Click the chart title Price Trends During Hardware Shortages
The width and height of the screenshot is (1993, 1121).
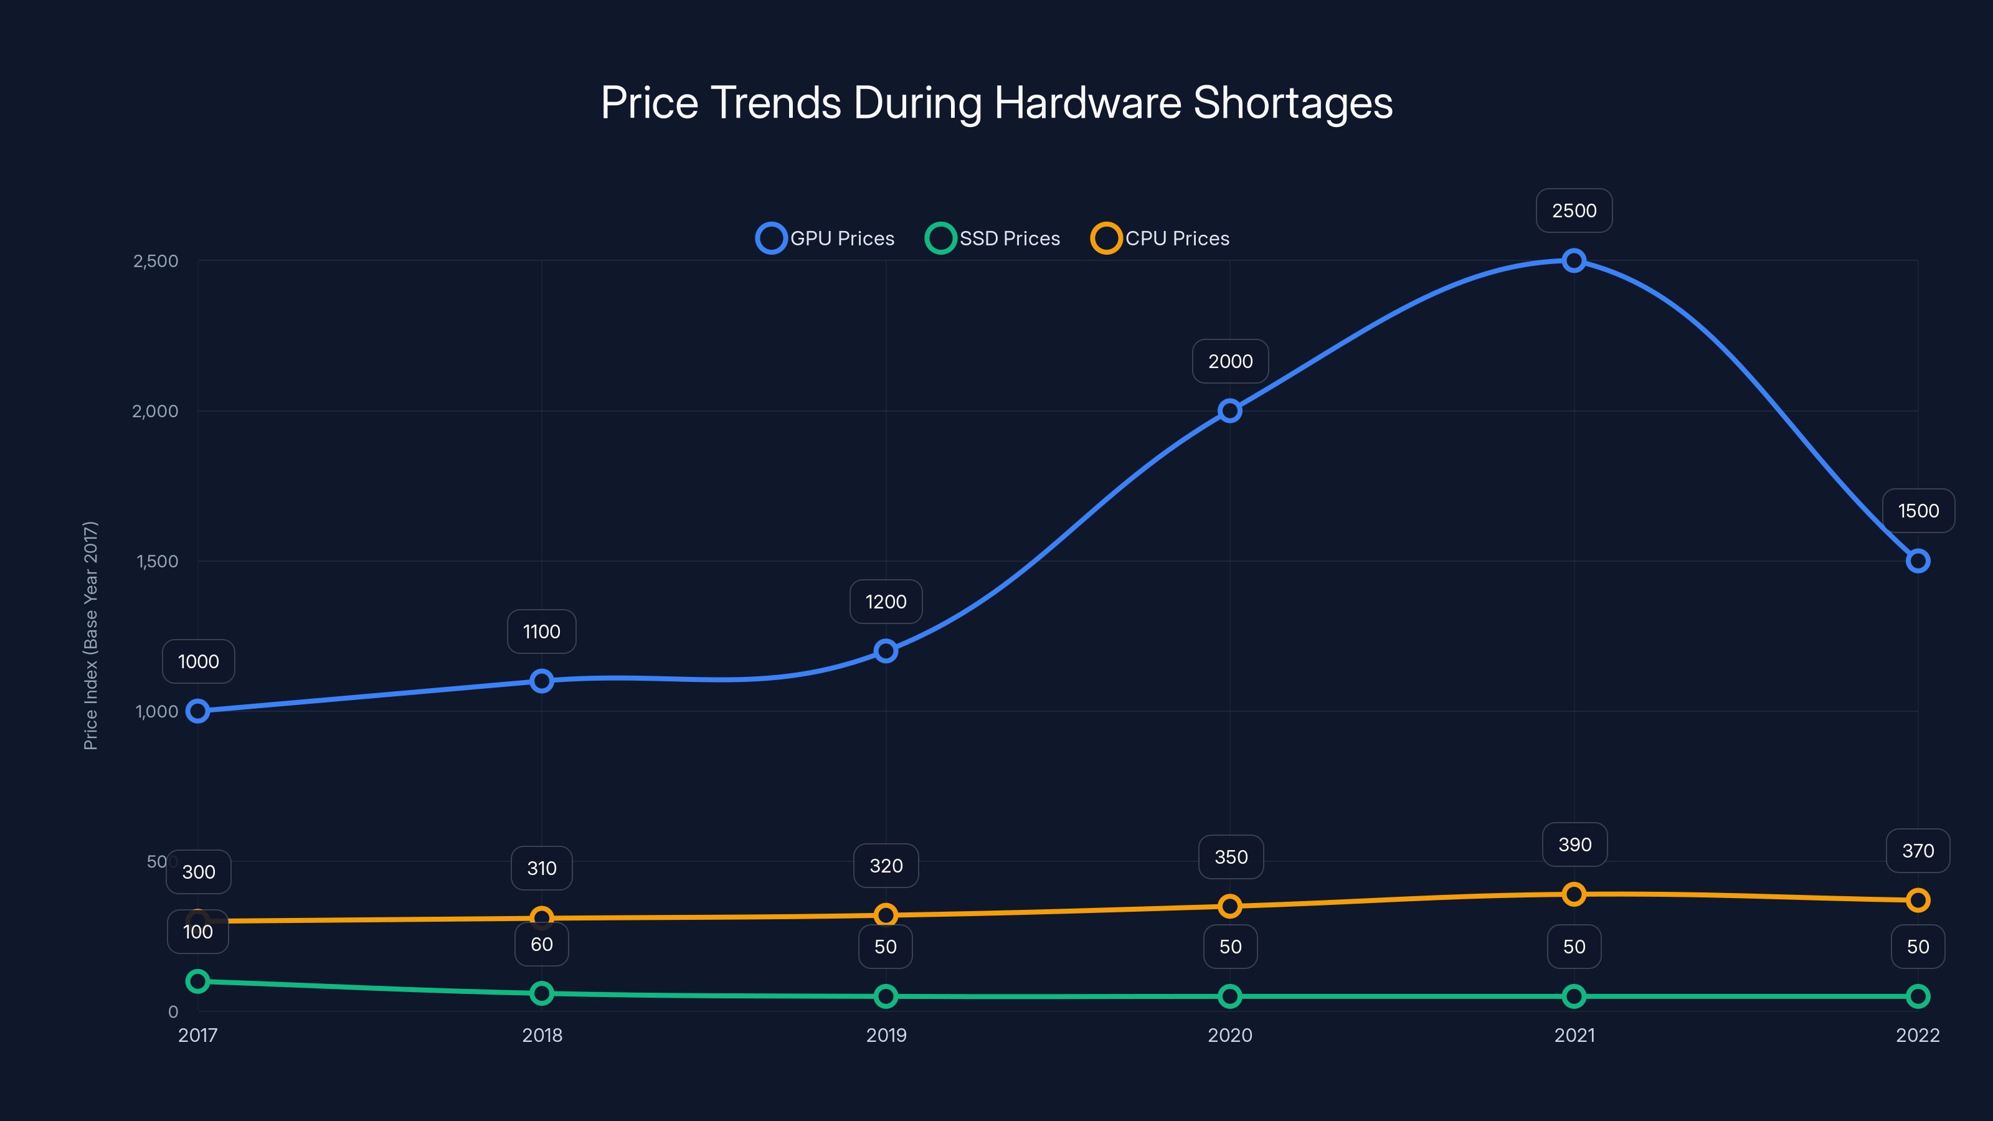(996, 103)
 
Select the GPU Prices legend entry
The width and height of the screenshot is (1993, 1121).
(825, 239)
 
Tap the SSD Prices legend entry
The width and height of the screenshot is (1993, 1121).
(993, 239)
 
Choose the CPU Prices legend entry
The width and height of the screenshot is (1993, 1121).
(1160, 239)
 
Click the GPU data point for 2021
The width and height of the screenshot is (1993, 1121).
(1574, 261)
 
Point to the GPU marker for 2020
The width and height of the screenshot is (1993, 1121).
(1230, 411)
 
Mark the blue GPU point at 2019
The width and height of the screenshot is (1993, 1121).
(886, 651)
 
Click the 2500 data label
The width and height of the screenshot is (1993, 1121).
(1574, 210)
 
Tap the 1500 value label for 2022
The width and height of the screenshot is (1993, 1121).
(1918, 511)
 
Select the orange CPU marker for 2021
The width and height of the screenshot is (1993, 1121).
(1574, 894)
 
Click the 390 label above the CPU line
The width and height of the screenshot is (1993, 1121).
(1574, 844)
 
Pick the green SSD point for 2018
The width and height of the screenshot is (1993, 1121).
(542, 993)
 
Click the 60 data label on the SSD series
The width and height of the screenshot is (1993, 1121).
(542, 944)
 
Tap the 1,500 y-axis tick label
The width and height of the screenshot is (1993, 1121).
(157, 562)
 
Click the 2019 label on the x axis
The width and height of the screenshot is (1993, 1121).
(886, 1035)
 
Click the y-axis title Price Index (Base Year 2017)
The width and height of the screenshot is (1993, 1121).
(90, 635)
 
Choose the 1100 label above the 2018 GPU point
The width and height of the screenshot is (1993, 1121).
(542, 631)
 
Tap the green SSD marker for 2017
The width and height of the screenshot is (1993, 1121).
(198, 981)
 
